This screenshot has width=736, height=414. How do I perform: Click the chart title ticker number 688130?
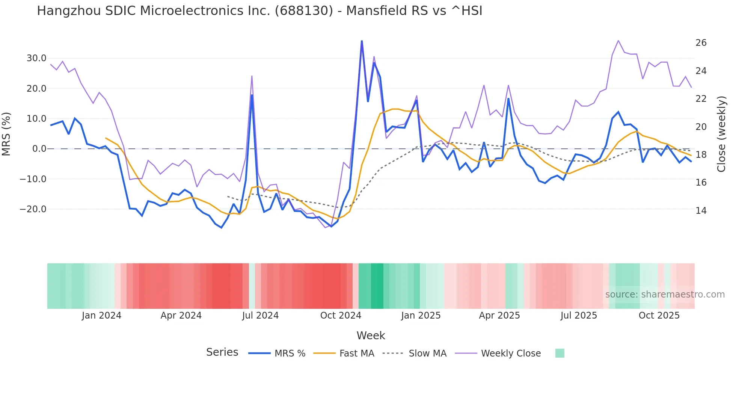point(303,11)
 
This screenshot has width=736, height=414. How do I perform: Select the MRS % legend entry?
point(290,354)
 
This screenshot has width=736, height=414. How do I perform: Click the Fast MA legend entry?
point(356,354)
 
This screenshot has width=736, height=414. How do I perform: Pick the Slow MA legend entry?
point(427,354)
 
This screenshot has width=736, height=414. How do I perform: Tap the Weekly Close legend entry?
point(511,354)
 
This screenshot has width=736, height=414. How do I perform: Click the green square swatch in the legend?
point(560,353)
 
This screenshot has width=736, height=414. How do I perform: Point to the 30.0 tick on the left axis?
point(36,58)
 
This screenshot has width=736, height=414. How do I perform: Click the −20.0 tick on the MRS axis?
point(33,209)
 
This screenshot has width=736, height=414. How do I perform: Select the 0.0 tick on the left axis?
point(39,149)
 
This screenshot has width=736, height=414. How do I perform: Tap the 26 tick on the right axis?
point(701,43)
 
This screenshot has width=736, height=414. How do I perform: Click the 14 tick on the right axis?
point(701,211)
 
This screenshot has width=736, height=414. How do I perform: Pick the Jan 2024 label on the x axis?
point(101,316)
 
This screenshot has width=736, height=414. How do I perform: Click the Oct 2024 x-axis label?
point(341,316)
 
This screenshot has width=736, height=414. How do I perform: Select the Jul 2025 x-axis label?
point(579,316)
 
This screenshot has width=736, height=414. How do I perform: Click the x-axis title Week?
point(371,335)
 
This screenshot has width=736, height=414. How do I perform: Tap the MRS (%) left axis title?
point(6,134)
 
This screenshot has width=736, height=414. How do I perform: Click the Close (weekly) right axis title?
point(721,134)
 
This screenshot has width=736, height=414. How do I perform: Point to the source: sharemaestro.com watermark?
point(665,295)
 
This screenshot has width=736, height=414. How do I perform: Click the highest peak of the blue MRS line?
point(362,41)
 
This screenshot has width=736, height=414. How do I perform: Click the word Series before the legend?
point(222,352)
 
